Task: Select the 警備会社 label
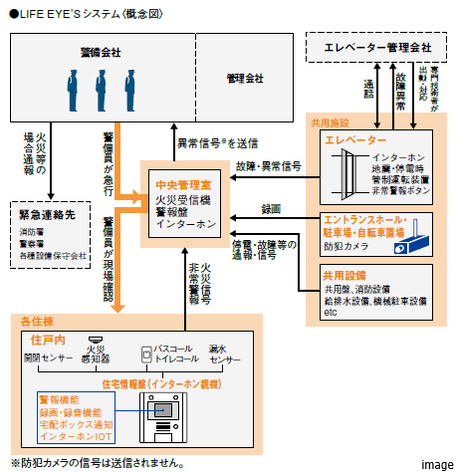(x=101, y=51)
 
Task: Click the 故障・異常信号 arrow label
(x=270, y=165)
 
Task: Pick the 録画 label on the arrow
(x=270, y=209)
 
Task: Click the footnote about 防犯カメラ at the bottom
(x=98, y=463)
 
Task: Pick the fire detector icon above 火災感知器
(x=96, y=339)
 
